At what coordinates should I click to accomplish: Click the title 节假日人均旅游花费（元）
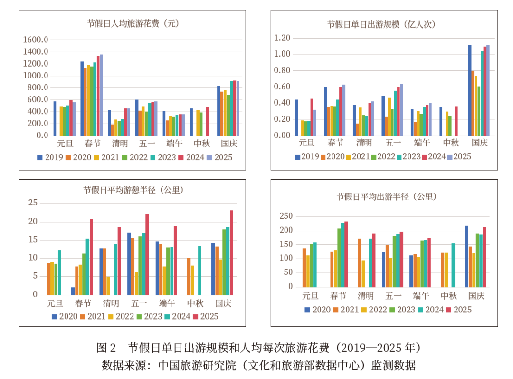click(133, 23)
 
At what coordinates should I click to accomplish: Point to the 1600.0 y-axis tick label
click(35, 40)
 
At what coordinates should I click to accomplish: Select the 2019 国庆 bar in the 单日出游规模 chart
click(470, 90)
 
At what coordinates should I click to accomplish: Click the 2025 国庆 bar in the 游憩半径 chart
click(231, 253)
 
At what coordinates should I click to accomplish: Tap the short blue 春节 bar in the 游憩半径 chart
click(73, 291)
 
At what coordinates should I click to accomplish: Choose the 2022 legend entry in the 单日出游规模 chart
click(382, 156)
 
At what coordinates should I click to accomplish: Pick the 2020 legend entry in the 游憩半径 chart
click(64, 316)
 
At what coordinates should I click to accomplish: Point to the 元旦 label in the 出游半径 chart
click(311, 296)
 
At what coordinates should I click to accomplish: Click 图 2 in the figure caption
click(106, 348)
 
